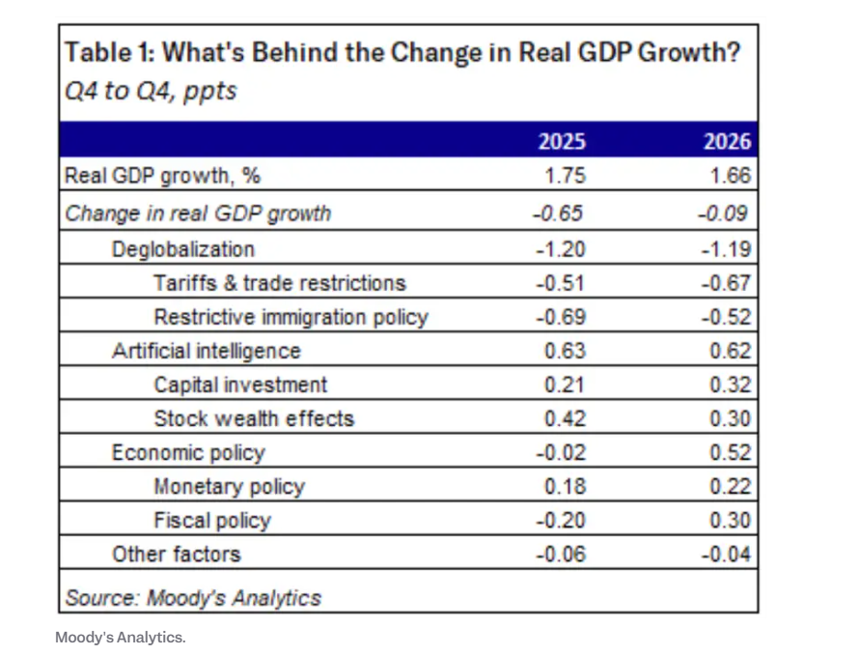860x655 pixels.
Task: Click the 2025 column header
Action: click(x=562, y=142)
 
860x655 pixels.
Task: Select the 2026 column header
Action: click(x=728, y=142)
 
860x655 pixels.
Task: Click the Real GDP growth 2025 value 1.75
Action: click(x=566, y=177)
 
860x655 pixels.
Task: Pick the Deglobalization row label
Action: click(x=183, y=249)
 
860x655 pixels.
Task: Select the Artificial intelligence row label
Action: click(x=207, y=351)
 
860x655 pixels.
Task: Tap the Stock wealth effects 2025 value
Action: click(x=566, y=418)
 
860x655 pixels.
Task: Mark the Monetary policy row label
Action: click(x=229, y=487)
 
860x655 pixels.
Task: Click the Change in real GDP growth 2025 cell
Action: click(x=559, y=214)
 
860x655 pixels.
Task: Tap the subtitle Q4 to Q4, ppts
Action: click(x=150, y=93)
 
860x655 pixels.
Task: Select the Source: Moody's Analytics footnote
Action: click(x=192, y=598)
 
